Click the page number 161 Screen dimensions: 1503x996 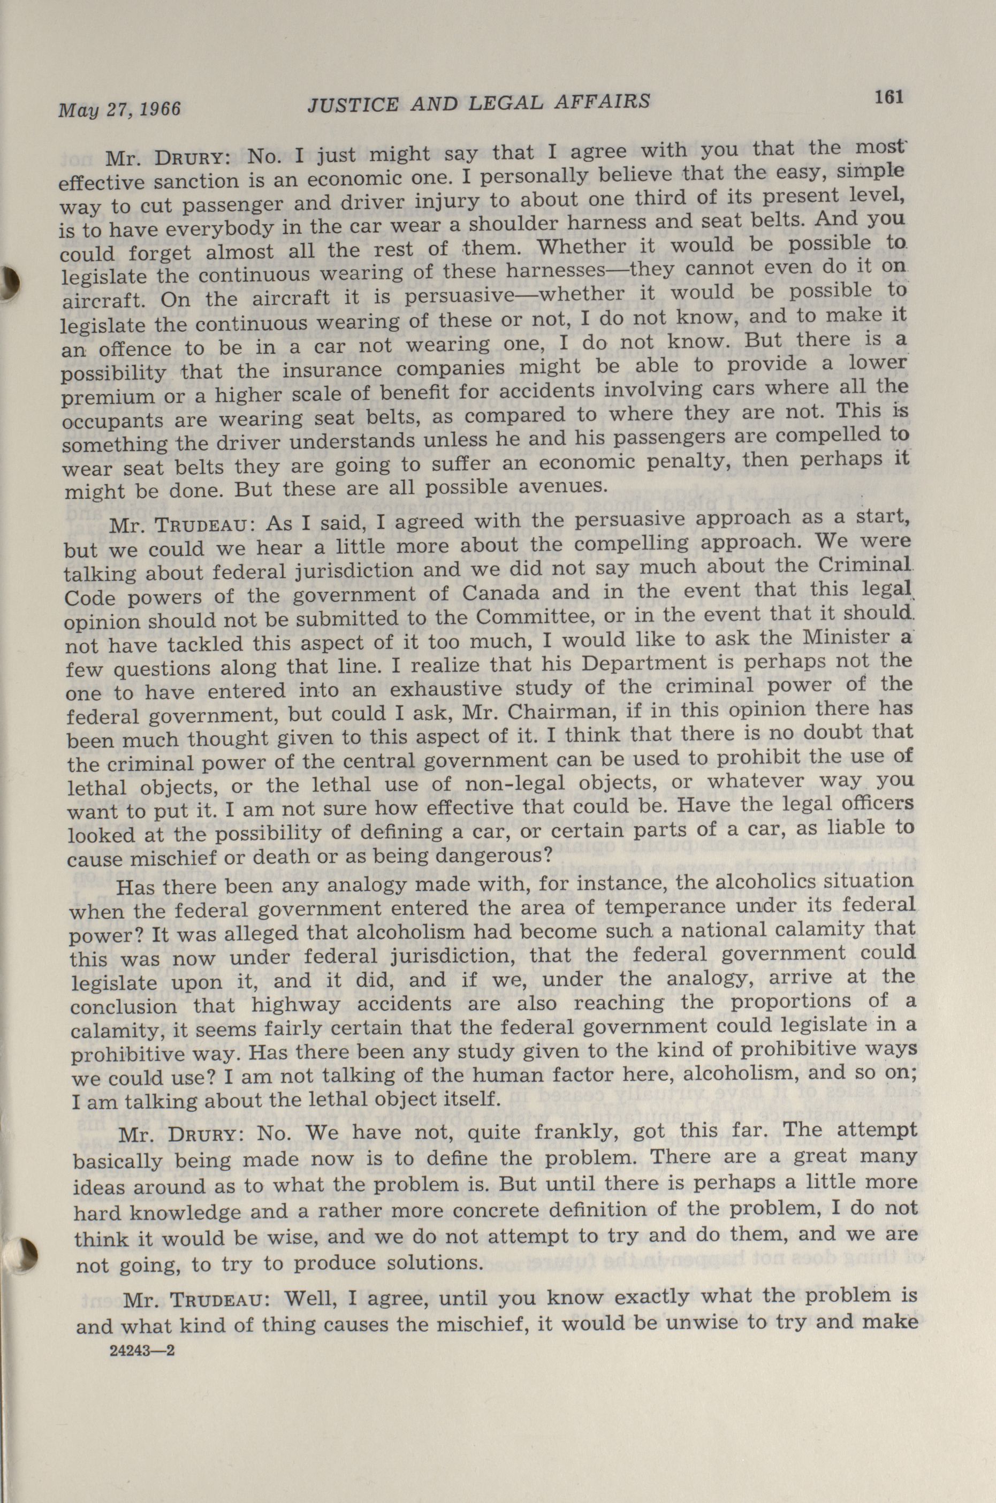[888, 97]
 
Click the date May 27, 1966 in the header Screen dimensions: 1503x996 [119, 109]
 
